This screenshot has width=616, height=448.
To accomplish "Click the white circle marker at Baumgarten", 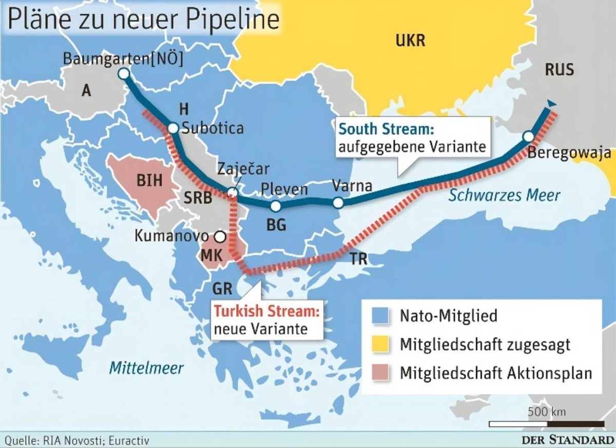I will (x=123, y=74).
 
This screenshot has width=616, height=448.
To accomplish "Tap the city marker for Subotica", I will (x=173, y=128).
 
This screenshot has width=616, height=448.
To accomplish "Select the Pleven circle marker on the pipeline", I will (x=276, y=206).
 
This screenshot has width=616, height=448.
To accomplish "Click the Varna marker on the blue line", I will (x=338, y=202).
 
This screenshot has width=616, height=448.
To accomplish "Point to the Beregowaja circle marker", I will (x=528, y=136).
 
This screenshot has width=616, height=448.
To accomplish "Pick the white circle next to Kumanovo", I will (x=220, y=237).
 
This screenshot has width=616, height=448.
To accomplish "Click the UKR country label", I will (x=410, y=40).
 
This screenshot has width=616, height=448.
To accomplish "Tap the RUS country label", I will (x=559, y=69).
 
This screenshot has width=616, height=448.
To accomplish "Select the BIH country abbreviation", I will (x=149, y=180).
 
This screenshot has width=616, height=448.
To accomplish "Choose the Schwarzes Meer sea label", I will (x=504, y=195).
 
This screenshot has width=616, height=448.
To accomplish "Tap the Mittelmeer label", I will (x=146, y=368).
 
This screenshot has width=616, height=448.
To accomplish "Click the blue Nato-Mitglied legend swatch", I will (x=381, y=315).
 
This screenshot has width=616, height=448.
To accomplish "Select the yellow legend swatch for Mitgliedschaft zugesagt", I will (x=381, y=344).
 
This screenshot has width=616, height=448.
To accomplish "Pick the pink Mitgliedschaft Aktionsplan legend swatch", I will (x=381, y=373).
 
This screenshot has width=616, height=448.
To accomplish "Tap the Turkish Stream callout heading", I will (x=266, y=311).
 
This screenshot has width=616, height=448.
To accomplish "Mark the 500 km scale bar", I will (x=546, y=424).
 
